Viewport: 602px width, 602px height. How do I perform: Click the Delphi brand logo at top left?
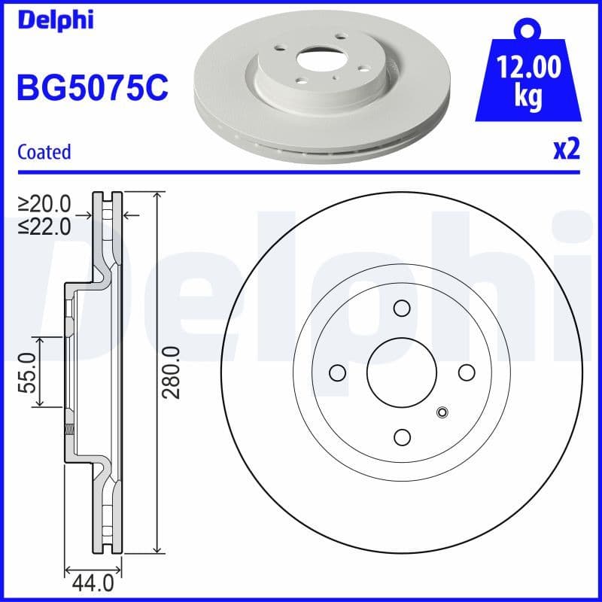[x=54, y=20]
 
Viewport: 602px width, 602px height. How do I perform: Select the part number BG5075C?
[x=92, y=88]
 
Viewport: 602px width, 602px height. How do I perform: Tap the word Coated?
[x=44, y=152]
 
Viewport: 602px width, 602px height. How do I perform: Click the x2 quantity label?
[x=567, y=150]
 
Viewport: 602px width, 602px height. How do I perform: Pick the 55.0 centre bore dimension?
[x=29, y=372]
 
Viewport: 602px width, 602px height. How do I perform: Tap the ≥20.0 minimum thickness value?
[x=45, y=203]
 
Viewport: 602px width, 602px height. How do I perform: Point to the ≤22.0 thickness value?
[x=45, y=225]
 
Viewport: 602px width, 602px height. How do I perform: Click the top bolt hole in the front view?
[x=402, y=308]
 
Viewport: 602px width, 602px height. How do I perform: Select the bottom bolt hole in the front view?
[x=402, y=437]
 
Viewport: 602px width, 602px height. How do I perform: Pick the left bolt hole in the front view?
[x=337, y=372]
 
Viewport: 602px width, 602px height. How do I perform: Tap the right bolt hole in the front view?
[x=467, y=372]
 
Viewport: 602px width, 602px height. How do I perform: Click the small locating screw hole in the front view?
[x=442, y=412]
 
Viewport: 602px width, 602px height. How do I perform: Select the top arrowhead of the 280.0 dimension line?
[x=157, y=196]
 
